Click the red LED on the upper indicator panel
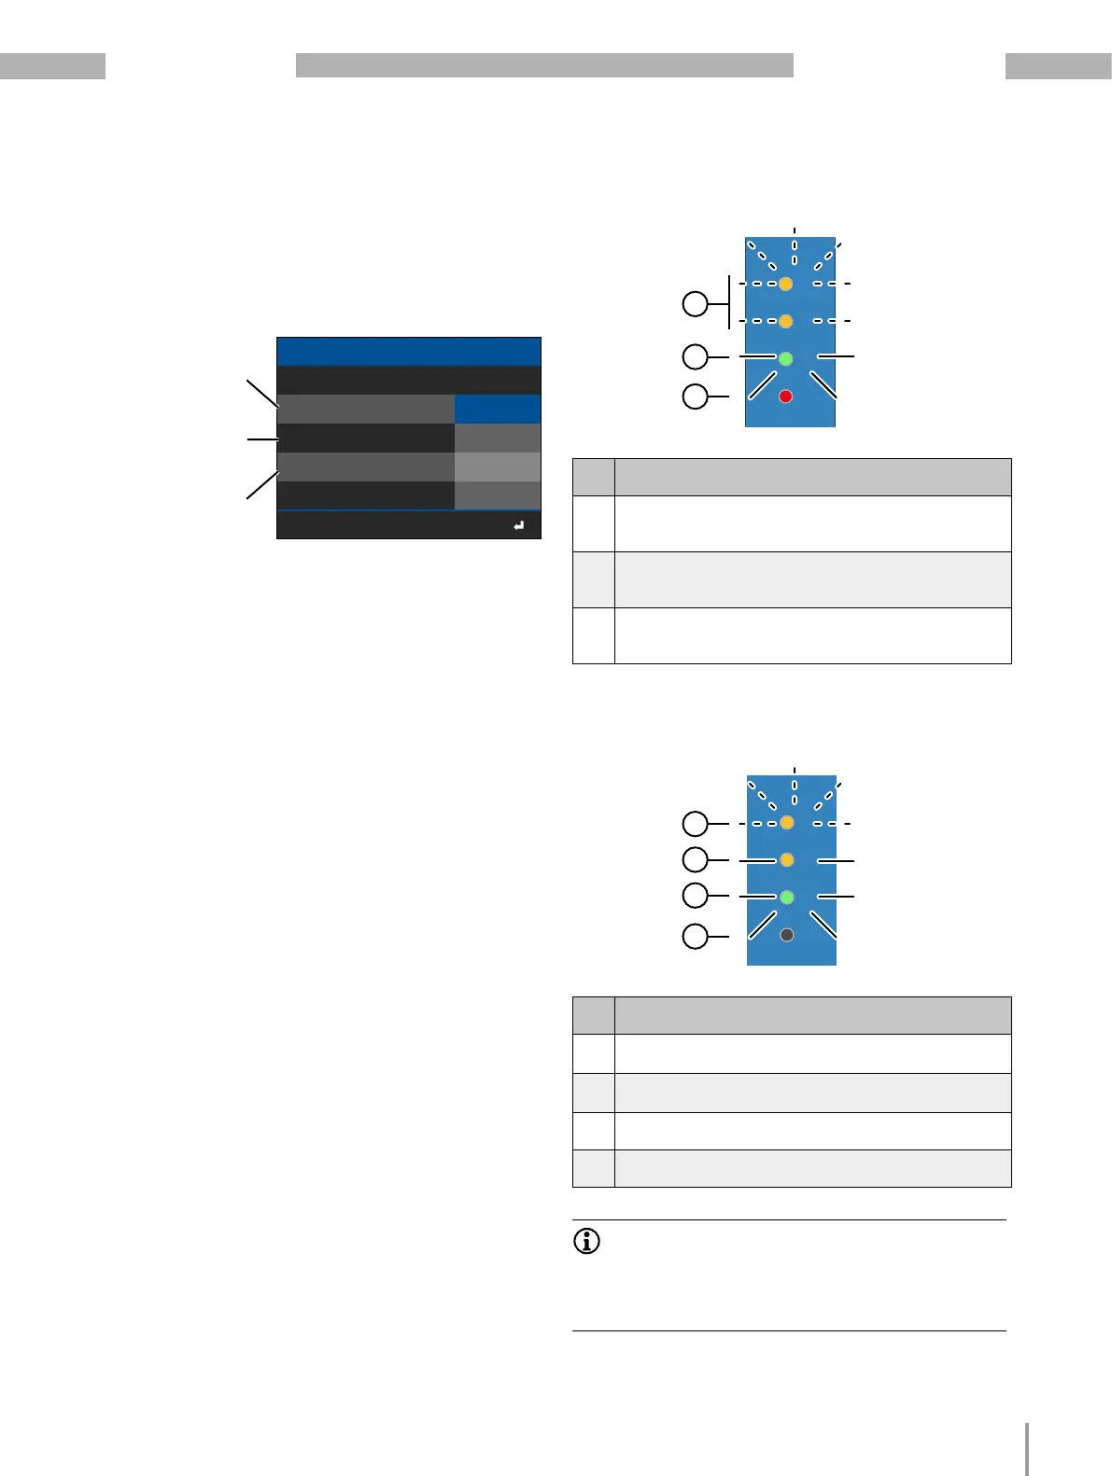[x=786, y=397]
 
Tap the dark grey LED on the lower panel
[x=787, y=935]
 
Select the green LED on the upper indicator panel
[x=786, y=358]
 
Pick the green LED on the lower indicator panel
[x=787, y=897]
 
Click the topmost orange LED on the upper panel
[x=786, y=284]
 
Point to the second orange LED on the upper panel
[x=786, y=322]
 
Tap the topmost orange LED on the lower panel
[x=787, y=823]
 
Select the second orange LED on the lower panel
[x=787, y=859]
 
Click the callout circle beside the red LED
[x=696, y=397]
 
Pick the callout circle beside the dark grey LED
[x=696, y=935]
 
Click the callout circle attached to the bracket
[x=696, y=303]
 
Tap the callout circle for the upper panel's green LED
[x=696, y=356]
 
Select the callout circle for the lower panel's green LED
[x=696, y=896]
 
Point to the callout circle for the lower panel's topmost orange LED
[x=696, y=823]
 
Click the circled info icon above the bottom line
[x=586, y=1242]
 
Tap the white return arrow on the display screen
[x=519, y=526]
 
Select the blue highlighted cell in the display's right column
[x=498, y=410]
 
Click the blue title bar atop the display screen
[x=409, y=352]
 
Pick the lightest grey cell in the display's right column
[x=498, y=466]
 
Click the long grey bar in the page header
[x=544, y=65]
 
